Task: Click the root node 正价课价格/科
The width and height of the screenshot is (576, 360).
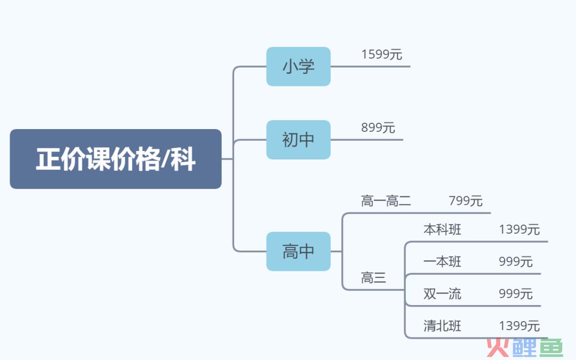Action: point(116,159)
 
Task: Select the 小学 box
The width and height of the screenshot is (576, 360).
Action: point(298,67)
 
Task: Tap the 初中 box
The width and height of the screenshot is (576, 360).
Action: point(298,140)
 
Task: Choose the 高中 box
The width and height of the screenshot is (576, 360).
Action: point(298,251)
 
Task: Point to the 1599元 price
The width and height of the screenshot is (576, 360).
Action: point(382,54)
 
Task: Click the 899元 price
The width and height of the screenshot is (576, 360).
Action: point(378,127)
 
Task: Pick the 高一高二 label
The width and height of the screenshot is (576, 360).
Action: point(386,201)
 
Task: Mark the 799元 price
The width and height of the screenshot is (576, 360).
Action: point(466,201)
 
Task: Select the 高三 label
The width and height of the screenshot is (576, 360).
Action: point(373,278)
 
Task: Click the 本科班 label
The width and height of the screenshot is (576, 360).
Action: point(442,229)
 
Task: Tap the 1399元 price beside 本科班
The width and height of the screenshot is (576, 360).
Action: point(519,229)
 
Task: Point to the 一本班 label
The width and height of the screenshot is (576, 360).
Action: point(442,261)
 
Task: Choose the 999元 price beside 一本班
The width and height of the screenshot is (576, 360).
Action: point(515,261)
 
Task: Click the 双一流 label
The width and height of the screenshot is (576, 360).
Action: point(442,294)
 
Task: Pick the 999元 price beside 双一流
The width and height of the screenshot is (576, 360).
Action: point(515,294)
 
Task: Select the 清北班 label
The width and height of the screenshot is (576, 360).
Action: point(442,326)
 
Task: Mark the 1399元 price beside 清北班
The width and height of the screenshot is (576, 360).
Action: point(519,326)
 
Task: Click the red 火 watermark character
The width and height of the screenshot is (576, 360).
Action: point(498,347)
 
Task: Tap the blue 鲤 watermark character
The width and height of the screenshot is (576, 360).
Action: point(524,347)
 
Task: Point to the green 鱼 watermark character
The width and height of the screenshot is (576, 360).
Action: point(550,347)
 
